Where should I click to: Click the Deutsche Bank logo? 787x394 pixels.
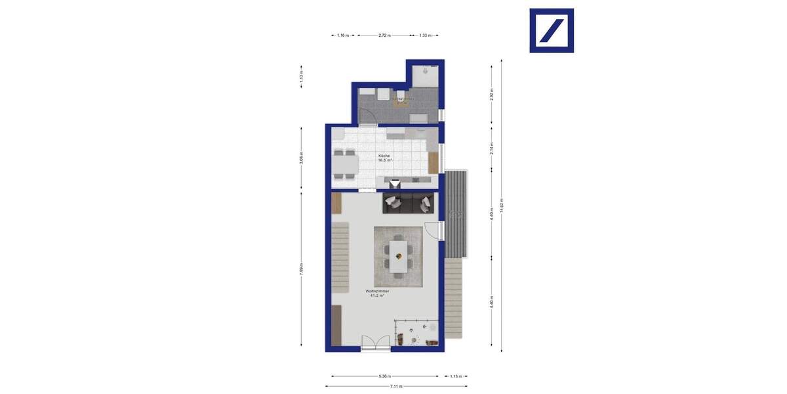(x=552, y=30)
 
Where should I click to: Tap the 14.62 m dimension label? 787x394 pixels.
(x=502, y=206)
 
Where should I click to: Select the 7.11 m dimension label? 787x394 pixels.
(x=396, y=386)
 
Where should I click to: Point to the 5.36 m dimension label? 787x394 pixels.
(x=385, y=376)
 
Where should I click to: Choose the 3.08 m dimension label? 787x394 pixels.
(x=301, y=159)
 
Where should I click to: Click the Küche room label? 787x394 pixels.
(x=384, y=156)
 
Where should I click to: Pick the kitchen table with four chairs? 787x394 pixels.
(x=345, y=164)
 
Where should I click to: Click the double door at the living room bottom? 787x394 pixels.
(x=375, y=342)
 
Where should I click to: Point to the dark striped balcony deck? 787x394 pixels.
(x=457, y=214)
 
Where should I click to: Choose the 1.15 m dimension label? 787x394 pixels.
(x=454, y=376)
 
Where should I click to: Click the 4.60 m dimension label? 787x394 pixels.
(x=491, y=214)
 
